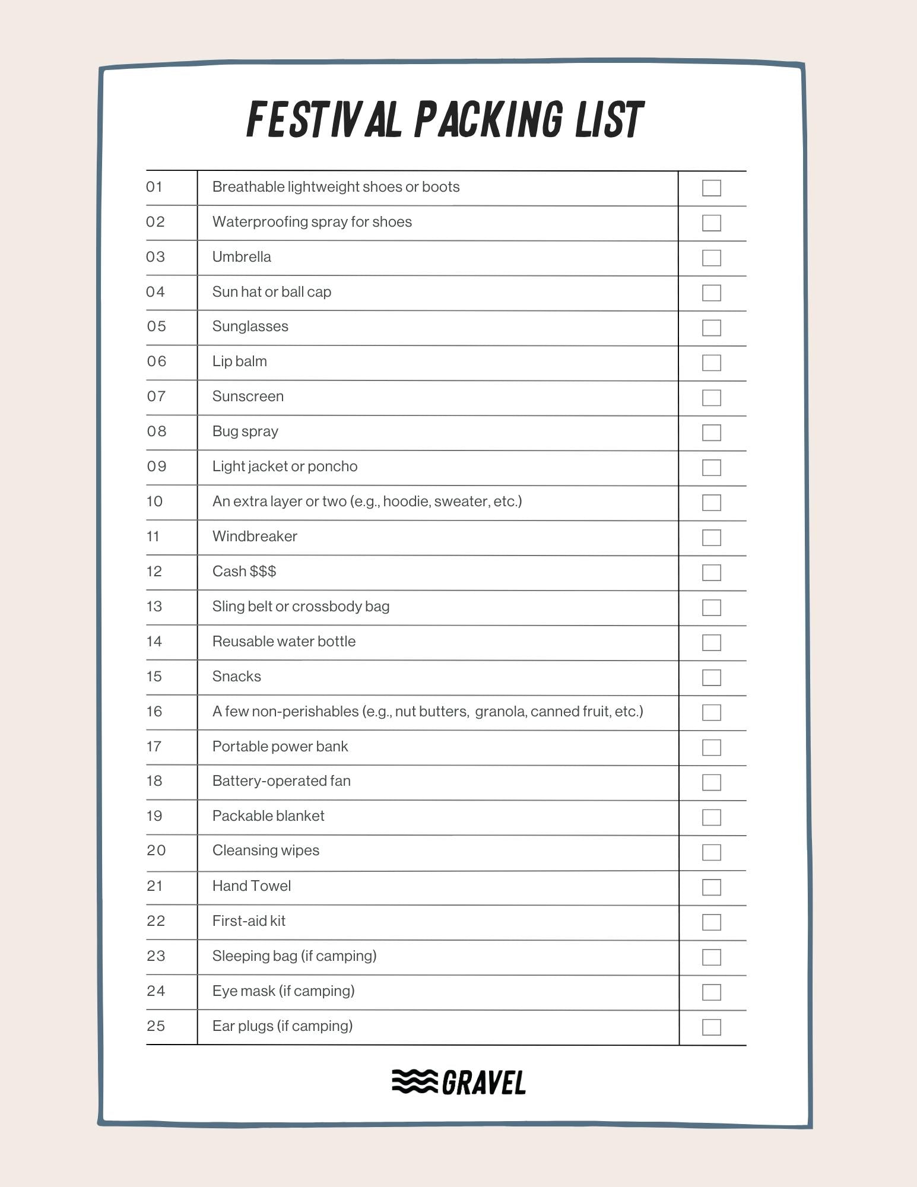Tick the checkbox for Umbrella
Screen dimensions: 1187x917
pyautogui.click(x=711, y=258)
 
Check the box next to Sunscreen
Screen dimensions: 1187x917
pyautogui.click(x=711, y=398)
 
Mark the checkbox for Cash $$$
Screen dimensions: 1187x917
pyautogui.click(x=711, y=573)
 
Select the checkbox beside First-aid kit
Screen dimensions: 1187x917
pyautogui.click(x=711, y=922)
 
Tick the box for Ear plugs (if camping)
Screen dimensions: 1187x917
pyautogui.click(x=711, y=1027)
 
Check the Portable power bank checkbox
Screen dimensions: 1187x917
pyautogui.click(x=711, y=748)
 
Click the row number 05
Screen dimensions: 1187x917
pyautogui.click(x=157, y=326)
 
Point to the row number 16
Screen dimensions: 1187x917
pyautogui.click(x=154, y=711)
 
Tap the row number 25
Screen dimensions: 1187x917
pyautogui.click(x=156, y=1026)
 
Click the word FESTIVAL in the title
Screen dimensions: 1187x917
pyautogui.click(x=323, y=120)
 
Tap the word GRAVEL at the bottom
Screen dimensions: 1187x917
pyautogui.click(x=484, y=1083)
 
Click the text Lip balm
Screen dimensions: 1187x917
pyautogui.click(x=240, y=361)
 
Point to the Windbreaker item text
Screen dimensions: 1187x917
pyautogui.click(x=255, y=537)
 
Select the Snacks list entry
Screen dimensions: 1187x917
pyautogui.click(x=237, y=677)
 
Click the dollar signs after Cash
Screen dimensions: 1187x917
pyautogui.click(x=263, y=572)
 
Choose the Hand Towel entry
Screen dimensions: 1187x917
pyautogui.click(x=252, y=886)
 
